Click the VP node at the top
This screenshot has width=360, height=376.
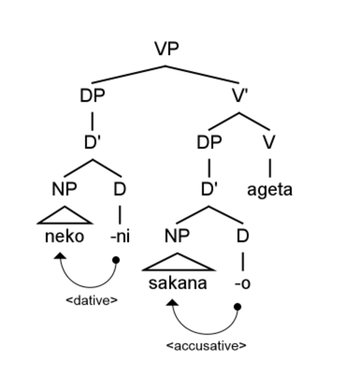tap(167, 49)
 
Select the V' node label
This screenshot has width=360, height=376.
tap(240, 96)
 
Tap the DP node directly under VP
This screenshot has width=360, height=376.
tap(92, 96)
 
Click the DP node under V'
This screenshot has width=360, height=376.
tap(210, 142)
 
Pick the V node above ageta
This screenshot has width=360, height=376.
tap(269, 142)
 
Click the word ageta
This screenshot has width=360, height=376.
tap(270, 190)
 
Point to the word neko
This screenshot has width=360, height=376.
tap(65, 236)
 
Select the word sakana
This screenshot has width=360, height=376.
tap(178, 283)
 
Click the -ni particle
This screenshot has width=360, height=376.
tap(120, 236)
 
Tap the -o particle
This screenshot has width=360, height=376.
tap(243, 284)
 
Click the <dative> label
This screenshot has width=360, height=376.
tap(91, 300)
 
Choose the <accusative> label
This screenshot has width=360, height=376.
tap(207, 346)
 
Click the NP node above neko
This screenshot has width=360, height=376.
tap(64, 189)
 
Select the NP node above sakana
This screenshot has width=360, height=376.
tap(177, 236)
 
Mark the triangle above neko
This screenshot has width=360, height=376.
tap(65, 215)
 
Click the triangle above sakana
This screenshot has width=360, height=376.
tap(178, 262)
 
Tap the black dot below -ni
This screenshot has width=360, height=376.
tap(116, 260)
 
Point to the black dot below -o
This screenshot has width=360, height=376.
tap(238, 307)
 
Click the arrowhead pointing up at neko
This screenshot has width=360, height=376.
tap(60, 256)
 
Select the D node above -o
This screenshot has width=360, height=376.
tap(243, 236)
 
